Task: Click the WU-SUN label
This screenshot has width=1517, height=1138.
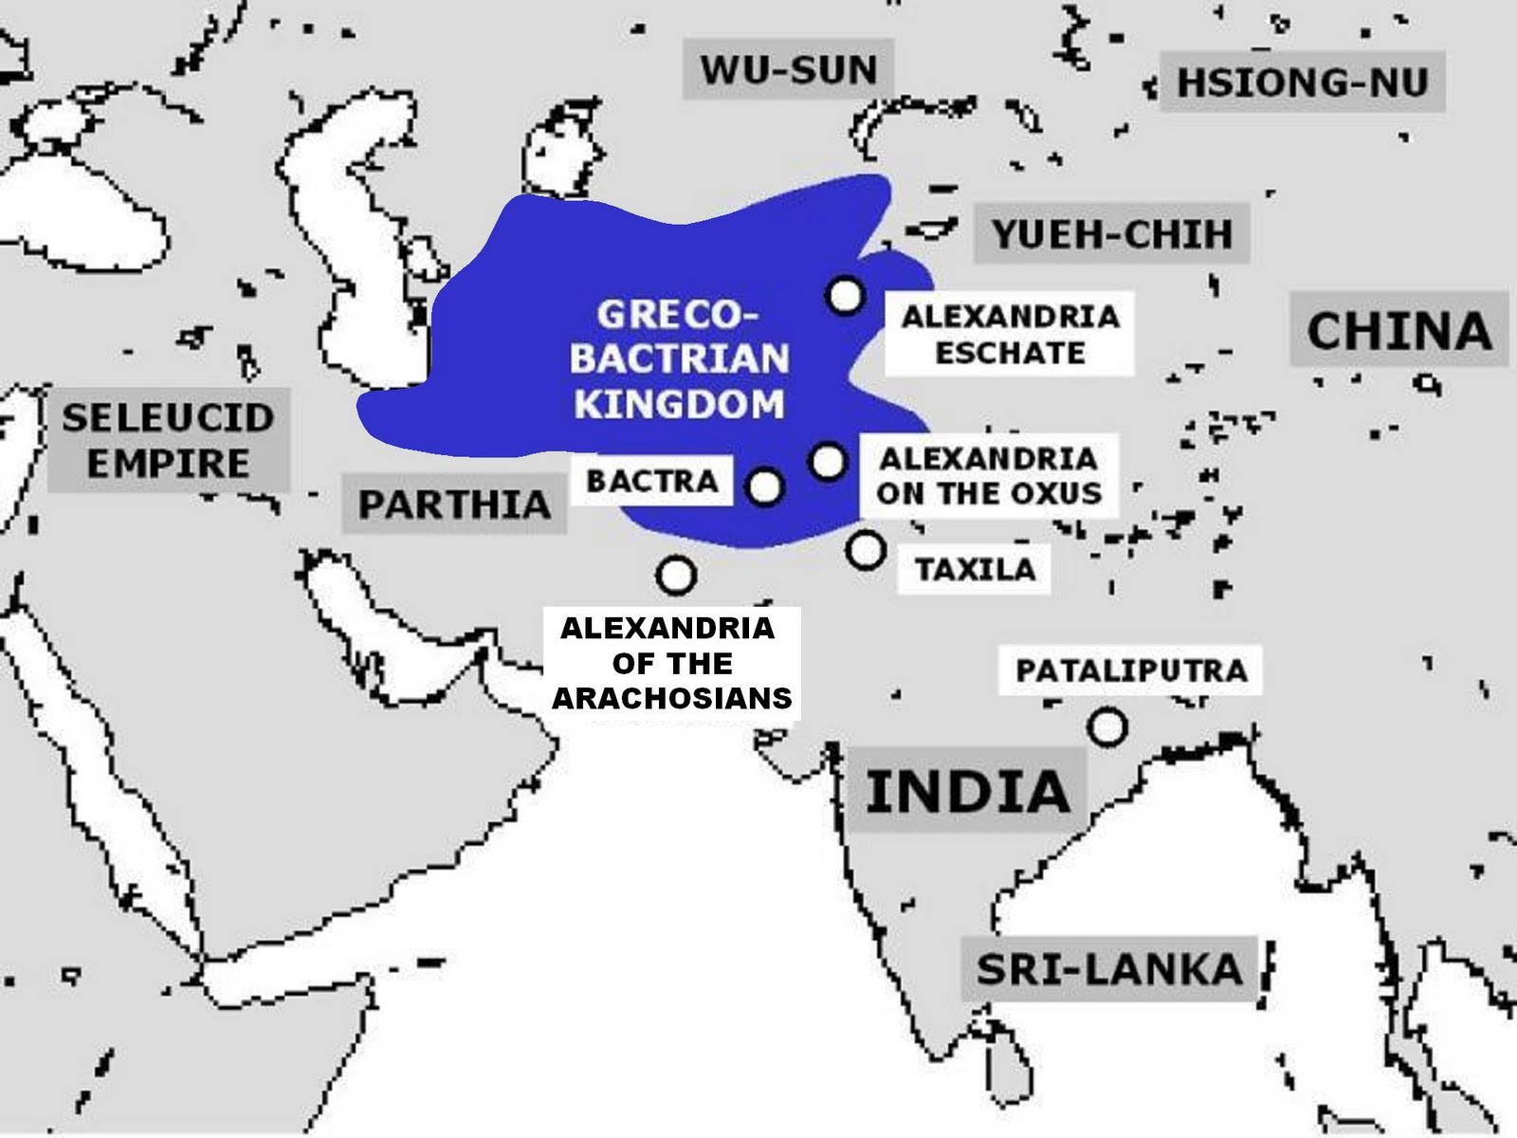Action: (789, 69)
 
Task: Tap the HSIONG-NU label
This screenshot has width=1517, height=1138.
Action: (1303, 83)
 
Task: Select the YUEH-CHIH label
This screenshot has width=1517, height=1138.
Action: (1111, 233)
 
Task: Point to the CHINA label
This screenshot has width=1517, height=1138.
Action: (1398, 331)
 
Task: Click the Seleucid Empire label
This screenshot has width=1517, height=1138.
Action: (168, 440)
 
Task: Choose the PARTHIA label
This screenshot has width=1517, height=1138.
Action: (454, 504)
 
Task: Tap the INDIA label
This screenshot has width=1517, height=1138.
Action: (967, 791)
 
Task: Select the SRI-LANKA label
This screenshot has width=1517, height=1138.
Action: (1108, 969)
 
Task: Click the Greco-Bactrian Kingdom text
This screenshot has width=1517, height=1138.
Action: (681, 359)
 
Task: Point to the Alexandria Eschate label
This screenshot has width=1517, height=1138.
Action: (1010, 334)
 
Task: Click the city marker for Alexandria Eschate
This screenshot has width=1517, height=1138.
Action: (846, 296)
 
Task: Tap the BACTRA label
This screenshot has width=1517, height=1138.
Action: (652, 481)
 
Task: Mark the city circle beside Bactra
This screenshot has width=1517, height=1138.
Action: (765, 488)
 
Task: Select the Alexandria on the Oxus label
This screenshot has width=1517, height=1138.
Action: (989, 475)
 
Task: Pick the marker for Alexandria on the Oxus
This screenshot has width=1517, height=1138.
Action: (828, 462)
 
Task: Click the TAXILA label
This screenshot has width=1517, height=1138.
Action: (975, 569)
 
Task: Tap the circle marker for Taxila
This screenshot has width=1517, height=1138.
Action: (866, 549)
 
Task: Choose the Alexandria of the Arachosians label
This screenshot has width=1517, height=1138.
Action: (671, 663)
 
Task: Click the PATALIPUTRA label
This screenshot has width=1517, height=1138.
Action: (1131, 670)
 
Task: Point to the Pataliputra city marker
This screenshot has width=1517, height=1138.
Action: (1107, 727)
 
